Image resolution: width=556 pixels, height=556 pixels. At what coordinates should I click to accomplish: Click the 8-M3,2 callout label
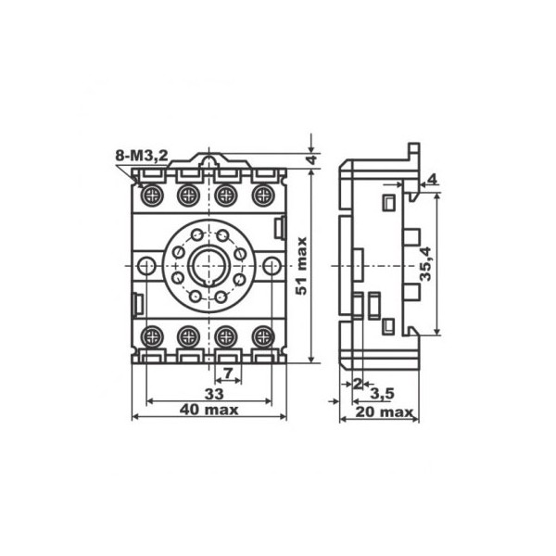[x=142, y=156]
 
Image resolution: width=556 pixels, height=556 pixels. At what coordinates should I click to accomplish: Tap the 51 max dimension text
[x=302, y=266]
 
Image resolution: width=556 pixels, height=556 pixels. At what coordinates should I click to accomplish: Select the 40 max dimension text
[x=208, y=410]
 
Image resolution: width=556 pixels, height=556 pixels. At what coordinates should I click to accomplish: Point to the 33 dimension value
[x=214, y=394]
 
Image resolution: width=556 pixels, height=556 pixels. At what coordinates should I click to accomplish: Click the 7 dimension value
[x=228, y=373]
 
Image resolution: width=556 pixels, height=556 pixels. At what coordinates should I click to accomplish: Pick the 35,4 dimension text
[x=425, y=263]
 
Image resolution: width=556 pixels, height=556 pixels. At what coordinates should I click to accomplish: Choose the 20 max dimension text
[x=385, y=412]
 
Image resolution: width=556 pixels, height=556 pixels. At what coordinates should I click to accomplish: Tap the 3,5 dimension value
[x=382, y=393]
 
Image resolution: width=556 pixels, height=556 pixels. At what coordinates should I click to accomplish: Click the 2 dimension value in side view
[x=358, y=384]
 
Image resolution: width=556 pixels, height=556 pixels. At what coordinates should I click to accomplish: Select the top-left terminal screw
[x=152, y=196]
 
